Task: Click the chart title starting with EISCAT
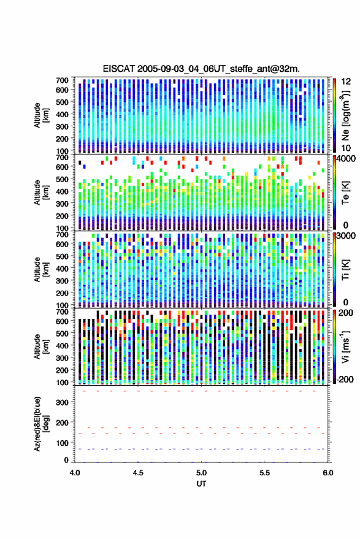pyautogui.click(x=201, y=69)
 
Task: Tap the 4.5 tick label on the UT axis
pyautogui.click(x=138, y=473)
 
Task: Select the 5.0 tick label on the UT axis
pyautogui.click(x=202, y=473)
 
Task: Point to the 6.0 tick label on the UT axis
pyautogui.click(x=328, y=473)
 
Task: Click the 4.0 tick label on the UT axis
pyautogui.click(x=75, y=473)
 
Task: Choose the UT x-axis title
pyautogui.click(x=201, y=484)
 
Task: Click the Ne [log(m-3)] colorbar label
pyautogui.click(x=345, y=115)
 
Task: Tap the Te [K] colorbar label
pyautogui.click(x=345, y=193)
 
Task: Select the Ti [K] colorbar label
pyautogui.click(x=345, y=270)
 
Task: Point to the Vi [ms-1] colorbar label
pyautogui.click(x=345, y=346)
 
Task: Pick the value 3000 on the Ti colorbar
pyautogui.click(x=347, y=236)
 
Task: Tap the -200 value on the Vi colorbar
pyautogui.click(x=345, y=380)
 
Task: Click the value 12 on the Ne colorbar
pyautogui.click(x=346, y=82)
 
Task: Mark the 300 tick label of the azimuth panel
pyautogui.click(x=62, y=402)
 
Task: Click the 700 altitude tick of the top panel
pyautogui.click(x=62, y=80)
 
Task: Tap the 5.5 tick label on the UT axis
pyautogui.click(x=265, y=473)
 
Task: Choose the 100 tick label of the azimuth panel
pyautogui.click(x=62, y=443)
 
